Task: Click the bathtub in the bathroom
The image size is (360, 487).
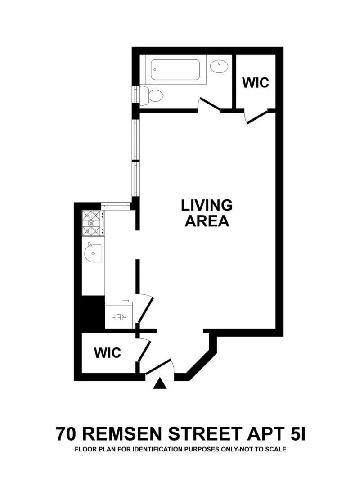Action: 178,70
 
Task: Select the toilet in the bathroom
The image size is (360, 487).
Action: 153,95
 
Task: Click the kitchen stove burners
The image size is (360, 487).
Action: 92,224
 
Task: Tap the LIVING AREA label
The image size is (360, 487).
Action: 207,213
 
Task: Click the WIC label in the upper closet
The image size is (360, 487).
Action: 255,83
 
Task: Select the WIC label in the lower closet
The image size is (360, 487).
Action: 107,352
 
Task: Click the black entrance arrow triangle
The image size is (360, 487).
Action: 159,383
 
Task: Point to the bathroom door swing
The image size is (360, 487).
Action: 209,104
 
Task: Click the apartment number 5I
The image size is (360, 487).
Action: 294,435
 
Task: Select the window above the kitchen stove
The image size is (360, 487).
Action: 115,206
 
